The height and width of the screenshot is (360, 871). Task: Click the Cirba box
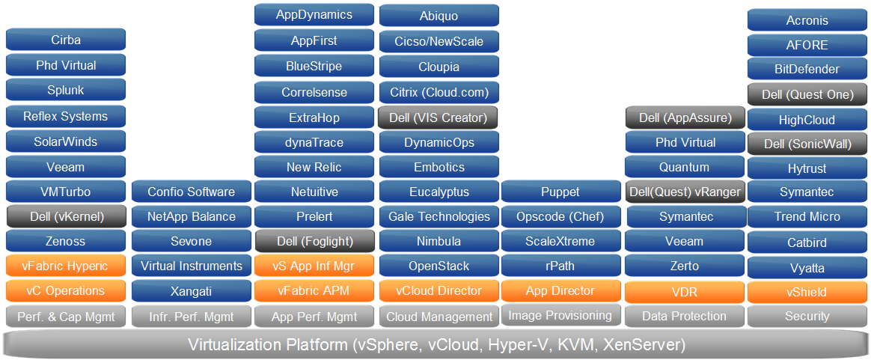coord(66,40)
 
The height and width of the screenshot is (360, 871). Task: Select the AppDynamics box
coord(314,14)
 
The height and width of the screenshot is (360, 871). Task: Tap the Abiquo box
coord(438,16)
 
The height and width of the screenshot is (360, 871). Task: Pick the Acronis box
coord(807,21)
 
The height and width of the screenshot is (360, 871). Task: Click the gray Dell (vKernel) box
coord(66,217)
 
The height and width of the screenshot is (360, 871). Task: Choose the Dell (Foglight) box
coord(314,242)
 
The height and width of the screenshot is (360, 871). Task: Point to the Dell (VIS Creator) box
coord(438,118)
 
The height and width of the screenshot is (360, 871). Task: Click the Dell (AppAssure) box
coord(685,118)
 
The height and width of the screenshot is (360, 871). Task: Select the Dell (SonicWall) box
coord(807,144)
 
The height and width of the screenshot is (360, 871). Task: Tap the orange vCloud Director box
coord(438,291)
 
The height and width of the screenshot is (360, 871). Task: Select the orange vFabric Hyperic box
coord(66,266)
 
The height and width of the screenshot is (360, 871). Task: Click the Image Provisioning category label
coord(560,315)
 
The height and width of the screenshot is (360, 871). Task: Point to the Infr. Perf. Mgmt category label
coord(191,317)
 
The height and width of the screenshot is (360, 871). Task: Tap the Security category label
coord(807,317)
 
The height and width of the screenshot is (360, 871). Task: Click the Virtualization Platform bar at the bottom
coord(435,345)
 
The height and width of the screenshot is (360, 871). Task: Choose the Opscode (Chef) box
coord(560,217)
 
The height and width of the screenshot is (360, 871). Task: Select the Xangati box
coord(191,291)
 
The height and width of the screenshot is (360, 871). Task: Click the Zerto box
coord(685,266)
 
